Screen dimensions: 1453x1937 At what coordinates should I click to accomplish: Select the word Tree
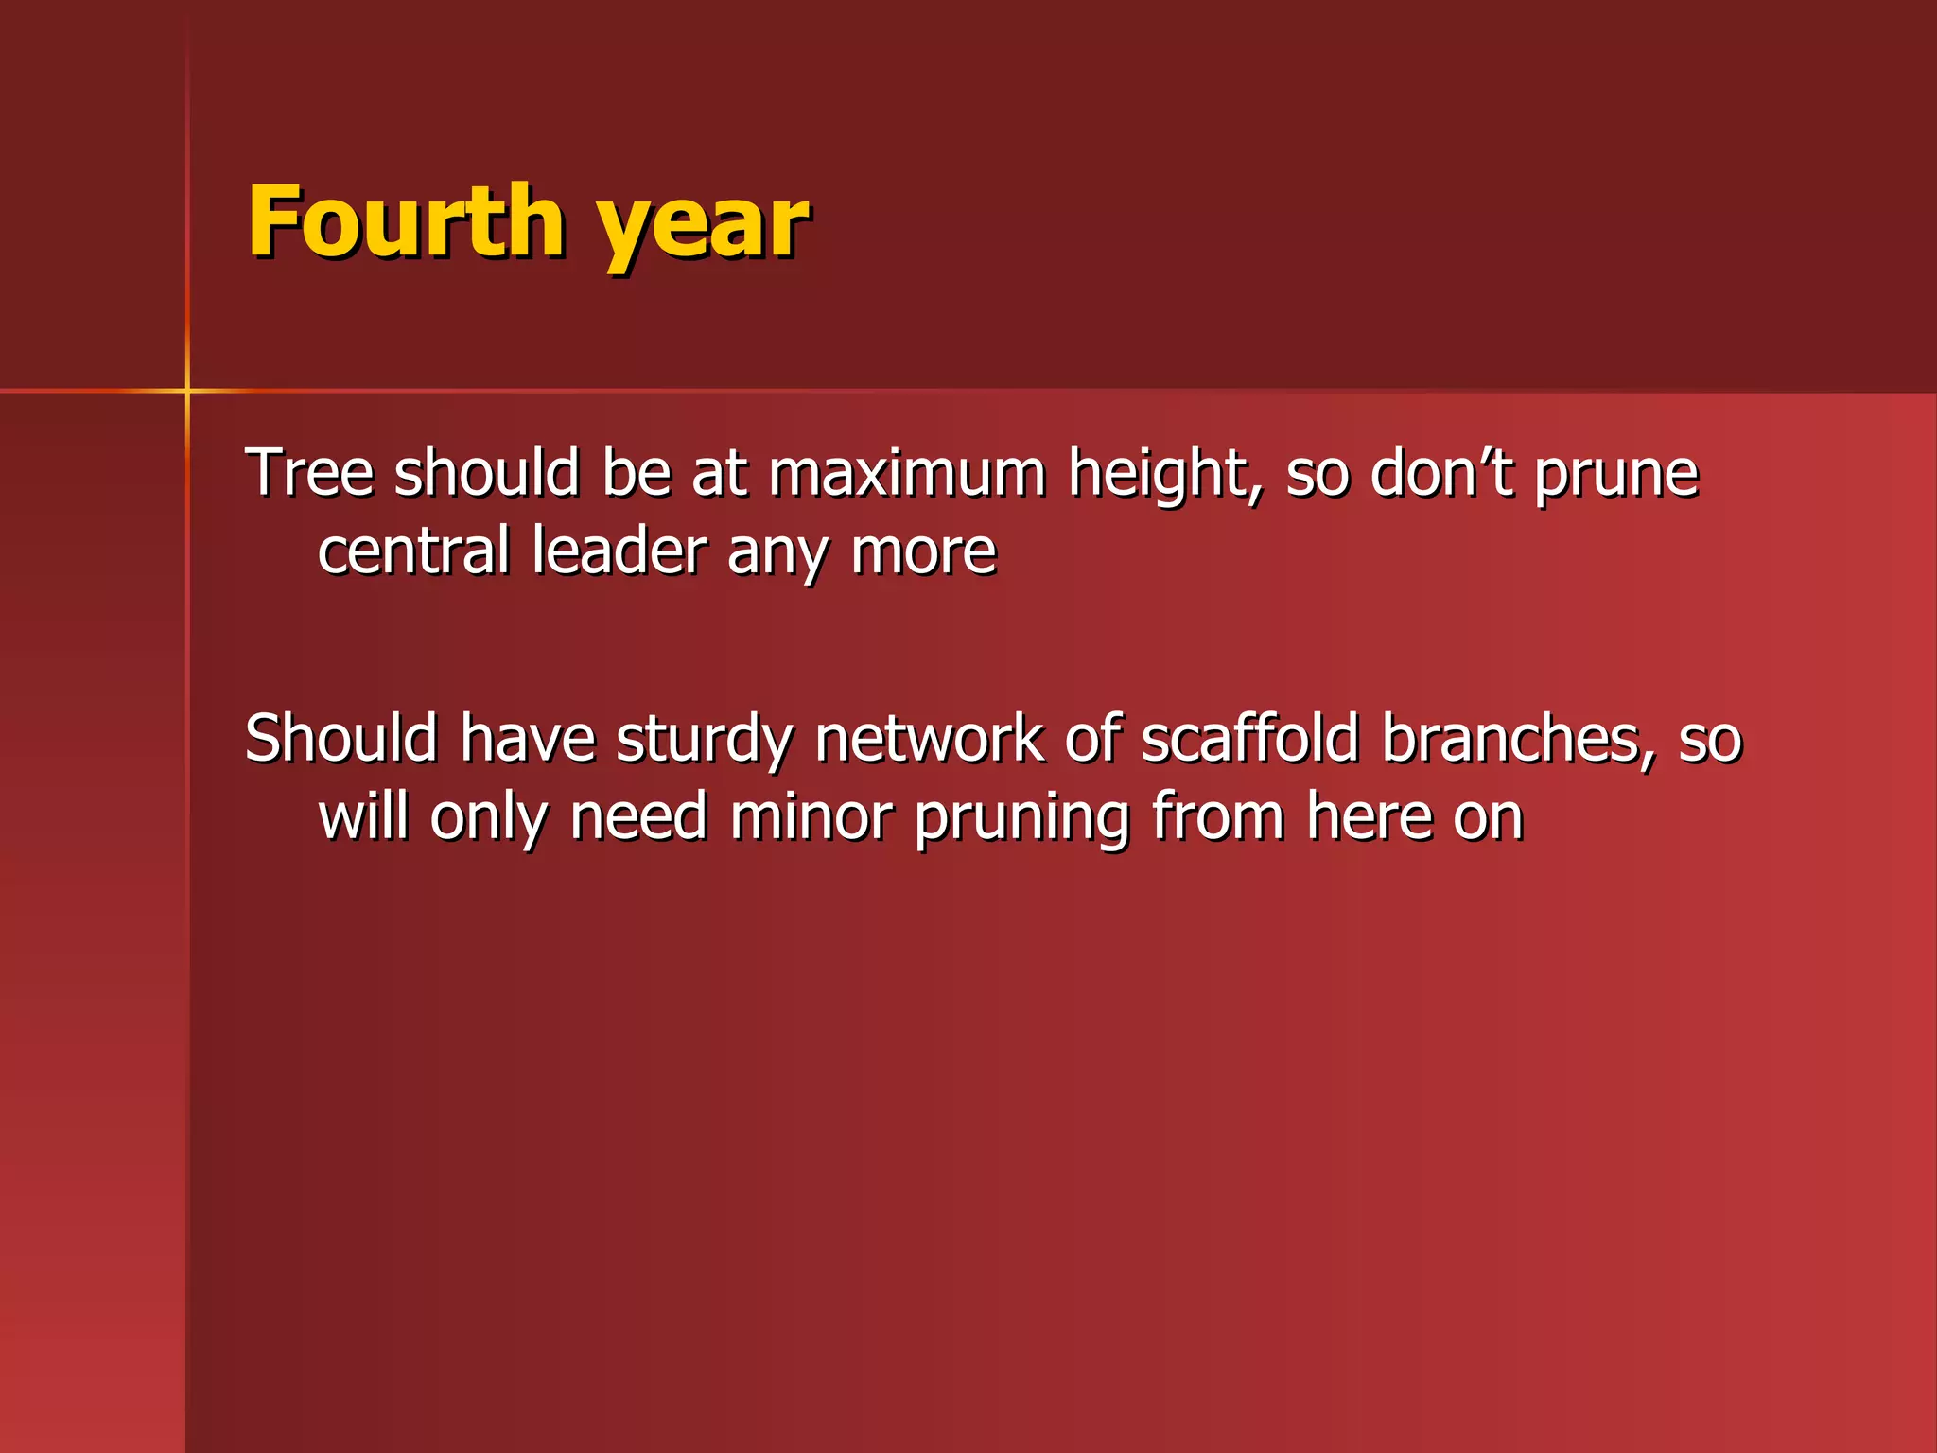(309, 472)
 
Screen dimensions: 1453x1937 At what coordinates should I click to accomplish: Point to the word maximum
(907, 472)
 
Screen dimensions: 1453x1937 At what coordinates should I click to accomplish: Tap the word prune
(1616, 476)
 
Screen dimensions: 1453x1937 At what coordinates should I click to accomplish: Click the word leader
(619, 551)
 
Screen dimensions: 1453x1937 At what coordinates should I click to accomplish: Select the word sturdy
(704, 740)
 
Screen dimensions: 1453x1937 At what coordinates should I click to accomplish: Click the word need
(638, 816)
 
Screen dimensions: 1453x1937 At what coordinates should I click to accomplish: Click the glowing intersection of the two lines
(187, 390)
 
